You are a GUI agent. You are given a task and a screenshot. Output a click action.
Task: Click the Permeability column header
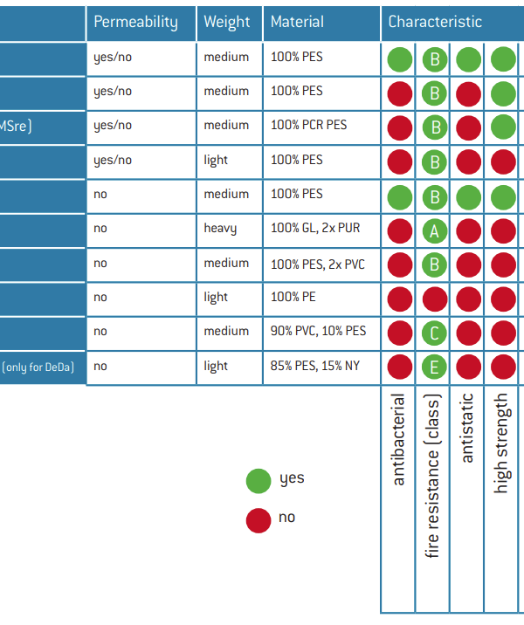click(x=135, y=22)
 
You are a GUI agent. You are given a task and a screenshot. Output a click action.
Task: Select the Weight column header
click(x=227, y=22)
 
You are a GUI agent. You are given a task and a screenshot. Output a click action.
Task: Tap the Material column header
click(x=297, y=22)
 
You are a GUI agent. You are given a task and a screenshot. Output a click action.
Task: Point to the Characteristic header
click(x=435, y=22)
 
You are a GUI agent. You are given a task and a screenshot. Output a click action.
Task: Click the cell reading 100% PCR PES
click(x=308, y=125)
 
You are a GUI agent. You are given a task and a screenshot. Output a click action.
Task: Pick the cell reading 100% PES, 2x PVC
click(x=315, y=263)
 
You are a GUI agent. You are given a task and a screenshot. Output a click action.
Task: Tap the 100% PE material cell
click(x=293, y=297)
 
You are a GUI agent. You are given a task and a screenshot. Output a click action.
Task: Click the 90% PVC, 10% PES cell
click(x=319, y=331)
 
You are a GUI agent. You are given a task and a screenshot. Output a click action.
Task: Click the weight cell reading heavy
click(x=220, y=229)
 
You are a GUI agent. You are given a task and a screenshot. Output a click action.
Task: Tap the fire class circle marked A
click(x=434, y=230)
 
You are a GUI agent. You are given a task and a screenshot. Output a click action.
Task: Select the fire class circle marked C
click(x=434, y=333)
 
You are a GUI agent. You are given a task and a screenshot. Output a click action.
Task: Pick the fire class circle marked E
click(x=434, y=367)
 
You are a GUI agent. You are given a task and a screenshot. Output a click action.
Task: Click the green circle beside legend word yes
click(x=259, y=480)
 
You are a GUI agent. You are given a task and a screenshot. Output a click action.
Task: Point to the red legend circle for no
click(x=259, y=520)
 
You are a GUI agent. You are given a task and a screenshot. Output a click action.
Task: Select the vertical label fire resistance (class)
click(x=434, y=476)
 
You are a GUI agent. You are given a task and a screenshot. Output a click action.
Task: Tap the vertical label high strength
click(x=501, y=443)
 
